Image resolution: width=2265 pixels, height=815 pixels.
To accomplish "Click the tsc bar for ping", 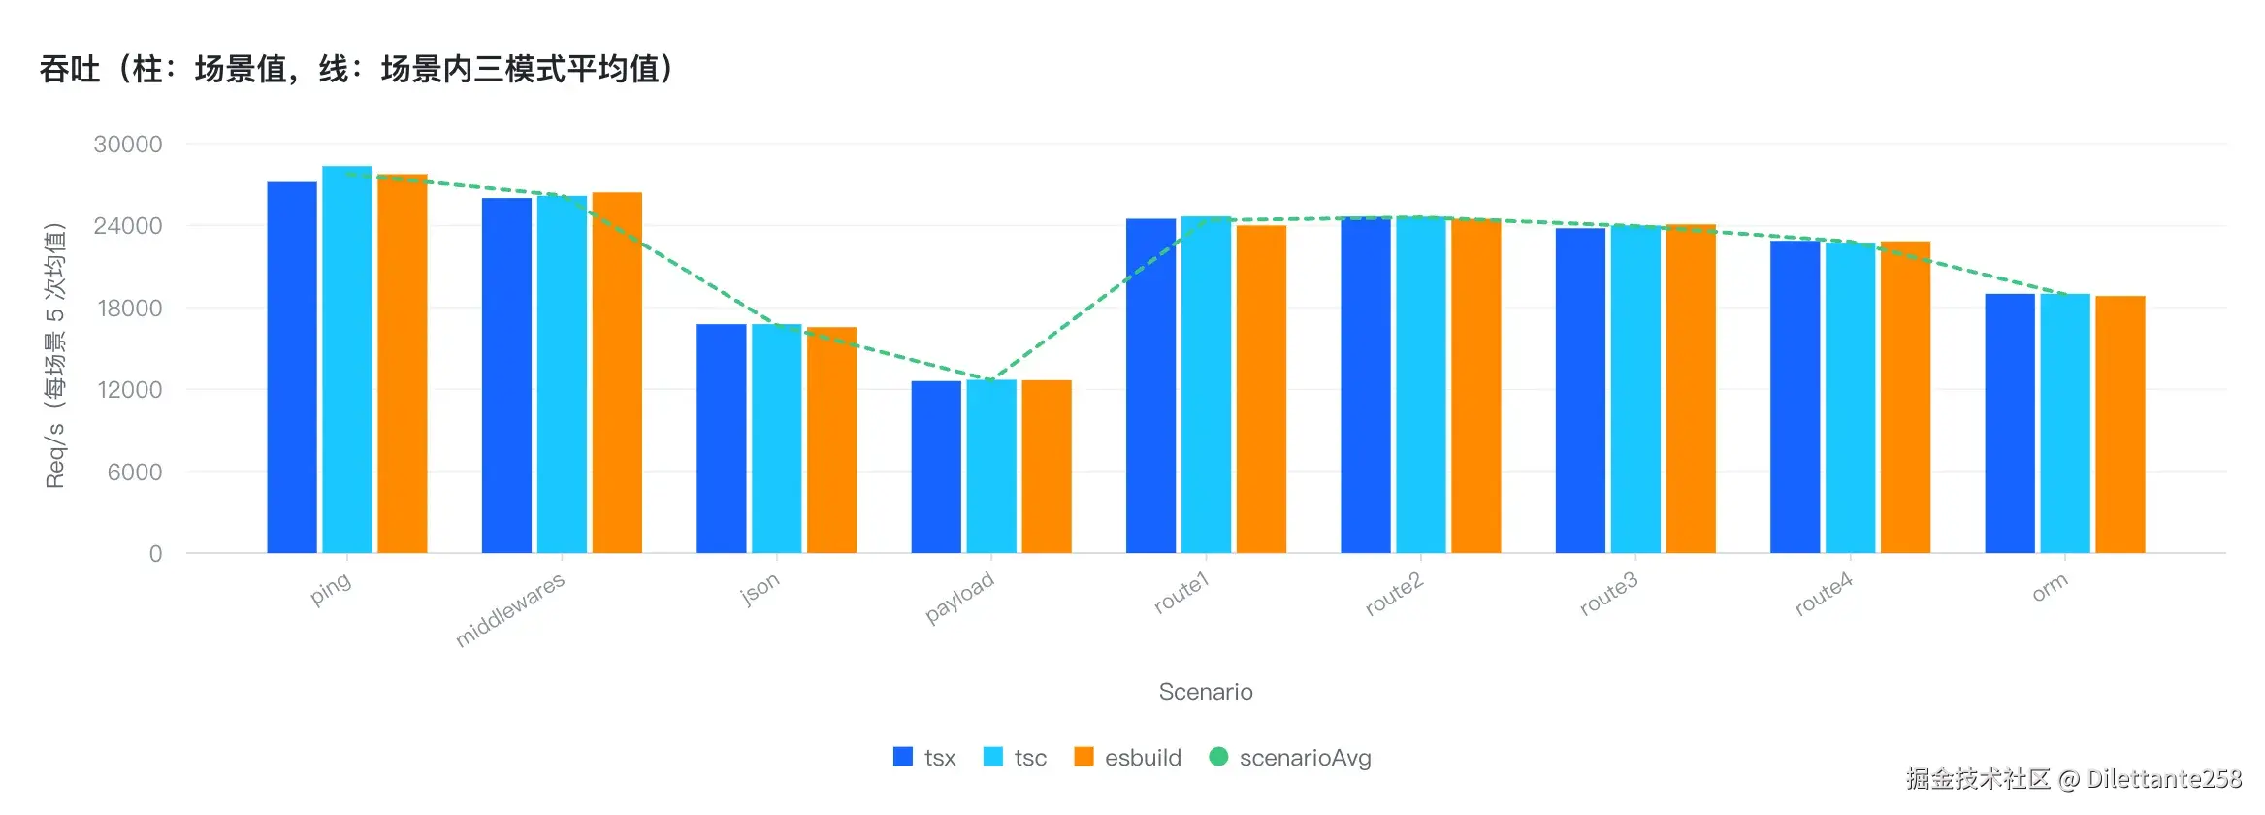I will click(x=347, y=359).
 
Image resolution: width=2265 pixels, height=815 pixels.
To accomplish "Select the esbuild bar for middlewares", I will click(x=617, y=373).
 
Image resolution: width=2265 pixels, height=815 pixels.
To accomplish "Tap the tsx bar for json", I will click(x=721, y=439).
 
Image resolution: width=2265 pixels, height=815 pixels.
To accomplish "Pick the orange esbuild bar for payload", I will click(x=1047, y=467).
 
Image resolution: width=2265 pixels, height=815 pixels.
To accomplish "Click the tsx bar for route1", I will click(x=1150, y=386).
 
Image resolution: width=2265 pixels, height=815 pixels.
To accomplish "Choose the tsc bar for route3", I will click(x=1635, y=390).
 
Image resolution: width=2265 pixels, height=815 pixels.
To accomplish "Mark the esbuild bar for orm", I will click(x=2119, y=425).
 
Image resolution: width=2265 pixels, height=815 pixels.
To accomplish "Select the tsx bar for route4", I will click(x=1795, y=397).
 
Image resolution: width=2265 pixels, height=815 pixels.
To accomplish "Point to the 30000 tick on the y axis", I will click(x=128, y=145).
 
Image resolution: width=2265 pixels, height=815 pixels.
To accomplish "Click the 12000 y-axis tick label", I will click(x=128, y=390).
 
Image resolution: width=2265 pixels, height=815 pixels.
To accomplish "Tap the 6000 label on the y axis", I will click(x=135, y=473).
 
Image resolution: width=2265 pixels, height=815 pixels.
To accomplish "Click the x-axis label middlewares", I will click(x=510, y=609).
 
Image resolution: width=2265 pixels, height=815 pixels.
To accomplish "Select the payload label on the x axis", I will click(x=959, y=597).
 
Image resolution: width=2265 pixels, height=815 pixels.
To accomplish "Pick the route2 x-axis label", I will click(x=1394, y=594).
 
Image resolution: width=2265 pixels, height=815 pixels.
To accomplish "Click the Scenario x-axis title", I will click(x=1206, y=692).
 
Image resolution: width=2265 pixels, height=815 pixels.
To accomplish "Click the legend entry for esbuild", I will click(x=1128, y=758).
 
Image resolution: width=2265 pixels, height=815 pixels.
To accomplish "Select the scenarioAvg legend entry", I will click(x=1291, y=758).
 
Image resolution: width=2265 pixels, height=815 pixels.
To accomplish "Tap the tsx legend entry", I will click(x=924, y=758).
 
